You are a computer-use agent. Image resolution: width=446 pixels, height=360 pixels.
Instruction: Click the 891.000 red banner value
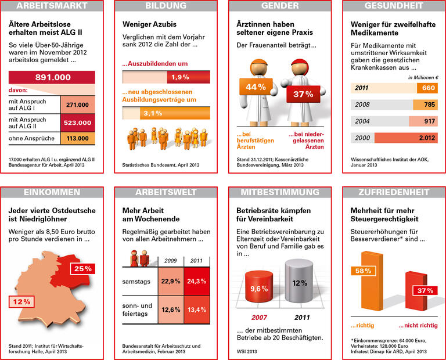pos(53,77)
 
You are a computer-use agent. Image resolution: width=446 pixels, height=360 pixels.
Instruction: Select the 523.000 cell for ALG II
pos(77,123)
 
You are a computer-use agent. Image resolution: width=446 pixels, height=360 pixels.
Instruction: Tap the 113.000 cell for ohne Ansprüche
pos(77,139)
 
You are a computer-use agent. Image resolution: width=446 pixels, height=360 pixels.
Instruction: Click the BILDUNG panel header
pos(166,6)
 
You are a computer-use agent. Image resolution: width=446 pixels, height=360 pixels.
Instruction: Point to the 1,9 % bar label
pos(181,77)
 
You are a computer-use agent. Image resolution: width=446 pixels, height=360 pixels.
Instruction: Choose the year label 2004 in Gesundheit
pos(362,121)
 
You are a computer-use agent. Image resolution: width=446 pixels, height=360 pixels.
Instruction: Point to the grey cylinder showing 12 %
pos(299,283)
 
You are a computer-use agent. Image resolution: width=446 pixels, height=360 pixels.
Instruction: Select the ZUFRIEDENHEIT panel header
pos(395,192)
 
